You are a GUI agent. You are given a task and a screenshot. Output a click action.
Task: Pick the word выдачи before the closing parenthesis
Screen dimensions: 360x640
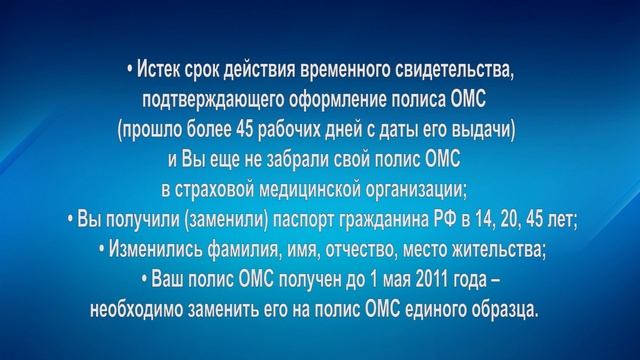click(488, 131)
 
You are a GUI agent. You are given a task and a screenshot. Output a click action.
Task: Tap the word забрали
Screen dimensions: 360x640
click(297, 161)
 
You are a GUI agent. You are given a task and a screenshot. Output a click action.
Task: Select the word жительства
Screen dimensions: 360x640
click(493, 250)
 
